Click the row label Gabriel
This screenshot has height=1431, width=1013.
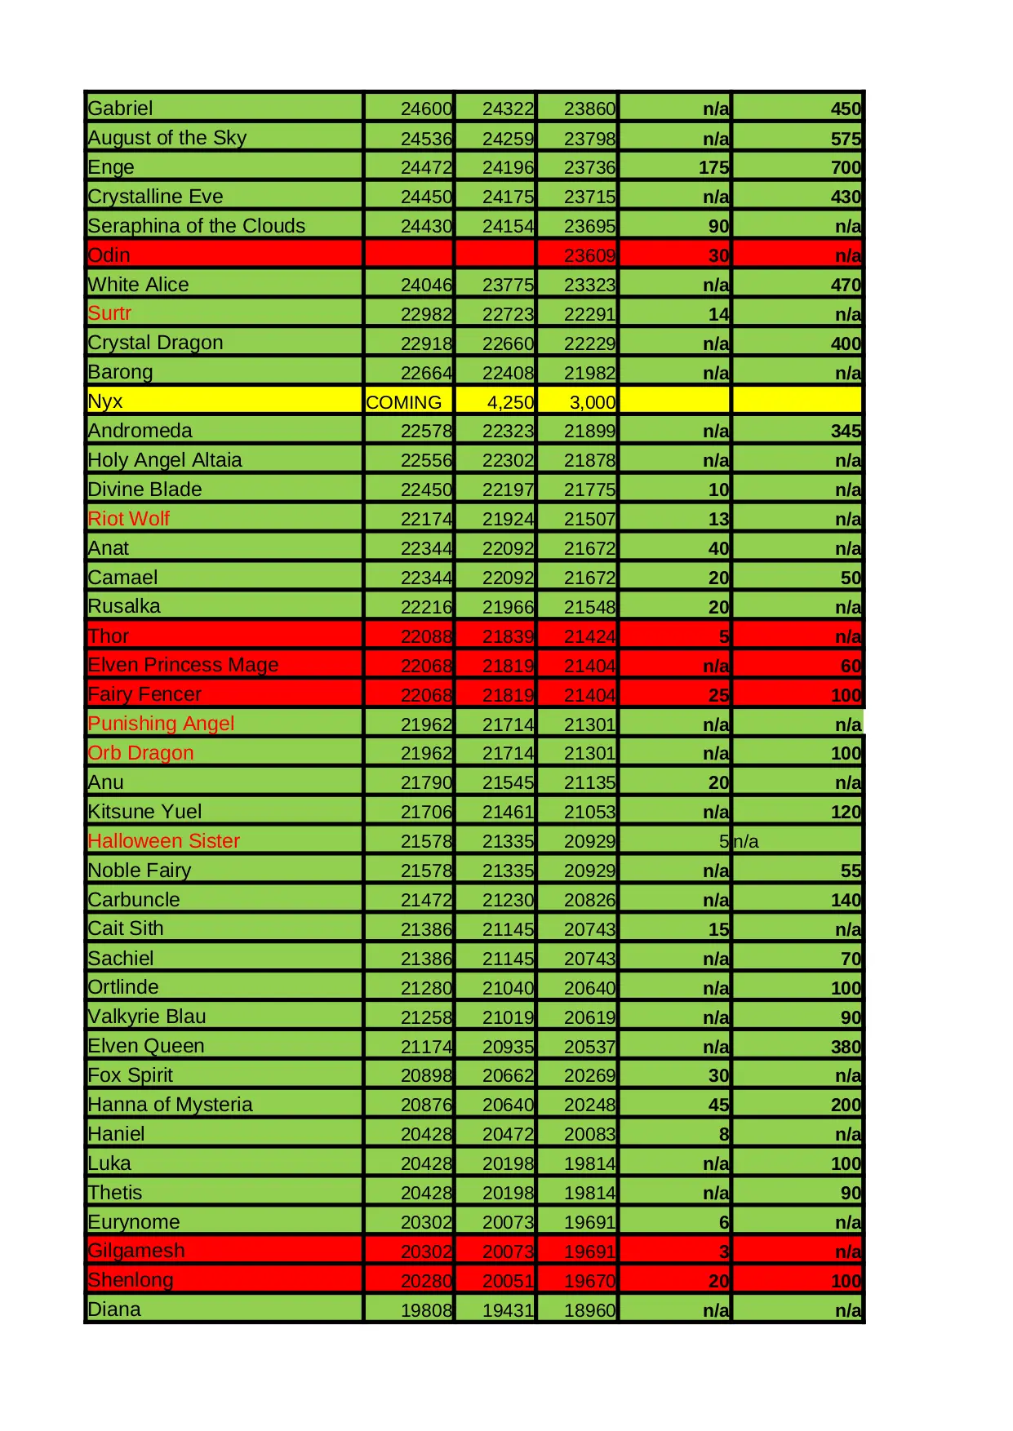point(120,109)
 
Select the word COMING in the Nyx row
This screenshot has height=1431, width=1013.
point(403,402)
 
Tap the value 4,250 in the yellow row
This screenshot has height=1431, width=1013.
point(510,402)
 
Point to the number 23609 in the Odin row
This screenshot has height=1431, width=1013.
point(589,255)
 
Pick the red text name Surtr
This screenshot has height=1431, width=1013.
point(109,313)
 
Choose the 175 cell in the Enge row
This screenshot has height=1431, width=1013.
point(713,167)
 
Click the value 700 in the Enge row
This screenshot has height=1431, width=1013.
point(846,167)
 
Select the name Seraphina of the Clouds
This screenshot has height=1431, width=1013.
point(196,226)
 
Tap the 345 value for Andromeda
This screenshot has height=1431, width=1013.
point(846,431)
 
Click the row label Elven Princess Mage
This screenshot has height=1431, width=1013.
point(183,665)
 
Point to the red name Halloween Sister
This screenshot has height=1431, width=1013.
point(163,841)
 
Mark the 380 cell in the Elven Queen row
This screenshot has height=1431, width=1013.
point(846,1047)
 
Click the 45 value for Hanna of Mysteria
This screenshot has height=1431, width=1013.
point(718,1105)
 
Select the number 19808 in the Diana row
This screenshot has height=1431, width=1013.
point(426,1310)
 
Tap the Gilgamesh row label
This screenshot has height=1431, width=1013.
point(136,1251)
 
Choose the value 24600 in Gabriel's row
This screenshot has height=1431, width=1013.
point(426,109)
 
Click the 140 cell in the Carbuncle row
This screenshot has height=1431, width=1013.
point(846,900)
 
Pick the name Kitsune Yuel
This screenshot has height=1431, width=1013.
point(144,812)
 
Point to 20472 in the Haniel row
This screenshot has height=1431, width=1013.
point(508,1134)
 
